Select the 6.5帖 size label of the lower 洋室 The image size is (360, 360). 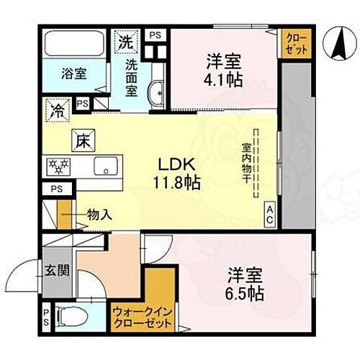(x=246, y=293)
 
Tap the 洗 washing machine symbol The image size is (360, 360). (x=126, y=41)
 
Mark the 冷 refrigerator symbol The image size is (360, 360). (x=55, y=111)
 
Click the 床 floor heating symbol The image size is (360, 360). (x=81, y=142)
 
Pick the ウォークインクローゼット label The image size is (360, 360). (x=143, y=318)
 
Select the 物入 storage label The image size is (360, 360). (x=99, y=215)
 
